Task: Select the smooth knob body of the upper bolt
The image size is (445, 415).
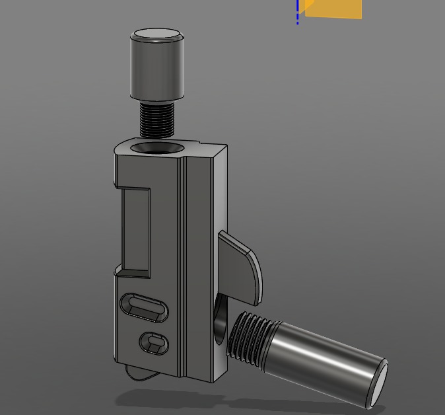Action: (x=156, y=69)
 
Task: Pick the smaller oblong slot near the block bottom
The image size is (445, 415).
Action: (x=154, y=342)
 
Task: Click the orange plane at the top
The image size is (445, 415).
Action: (x=333, y=9)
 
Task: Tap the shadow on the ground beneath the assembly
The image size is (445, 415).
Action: (x=198, y=400)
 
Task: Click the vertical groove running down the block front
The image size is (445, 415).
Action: (x=184, y=264)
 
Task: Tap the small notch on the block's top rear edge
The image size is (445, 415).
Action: (x=192, y=143)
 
